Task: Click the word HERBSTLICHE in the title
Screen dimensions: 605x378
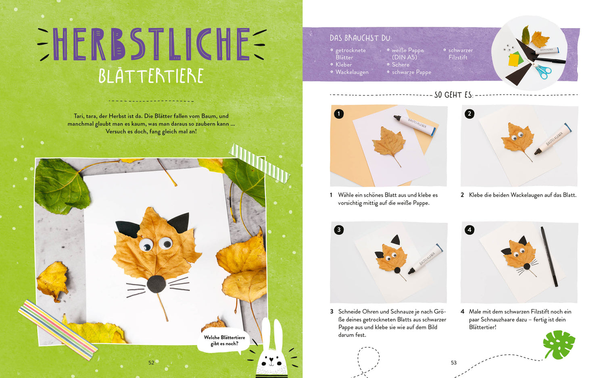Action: pyautogui.click(x=151, y=44)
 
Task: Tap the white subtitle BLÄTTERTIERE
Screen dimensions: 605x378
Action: pyautogui.click(x=151, y=76)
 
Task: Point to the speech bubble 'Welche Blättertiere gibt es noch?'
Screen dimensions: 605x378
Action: pyautogui.click(x=224, y=341)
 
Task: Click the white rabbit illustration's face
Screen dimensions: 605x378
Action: pyautogui.click(x=271, y=361)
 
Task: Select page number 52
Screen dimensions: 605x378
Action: pyautogui.click(x=151, y=363)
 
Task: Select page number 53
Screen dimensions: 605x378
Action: pyautogui.click(x=454, y=363)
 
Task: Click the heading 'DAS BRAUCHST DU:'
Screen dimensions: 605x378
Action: pyautogui.click(x=361, y=38)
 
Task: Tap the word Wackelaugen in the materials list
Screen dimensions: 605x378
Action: pyautogui.click(x=352, y=72)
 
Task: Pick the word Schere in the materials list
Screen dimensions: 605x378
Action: pyautogui.click(x=401, y=65)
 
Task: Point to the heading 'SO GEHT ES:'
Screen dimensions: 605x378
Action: pyautogui.click(x=454, y=95)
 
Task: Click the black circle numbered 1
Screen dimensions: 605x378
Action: pyautogui.click(x=339, y=114)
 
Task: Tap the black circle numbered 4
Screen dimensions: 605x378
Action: pyautogui.click(x=469, y=230)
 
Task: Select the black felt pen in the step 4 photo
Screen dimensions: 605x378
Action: pyautogui.click(x=549, y=257)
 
